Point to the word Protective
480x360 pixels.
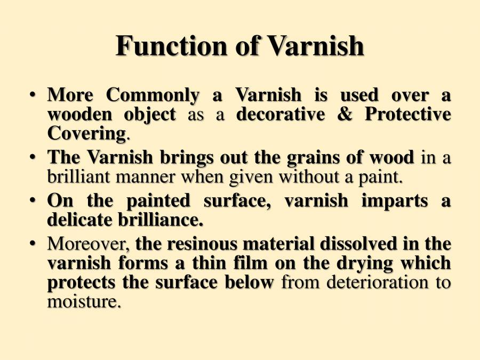[408, 114]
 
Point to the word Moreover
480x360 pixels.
[89, 244]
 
